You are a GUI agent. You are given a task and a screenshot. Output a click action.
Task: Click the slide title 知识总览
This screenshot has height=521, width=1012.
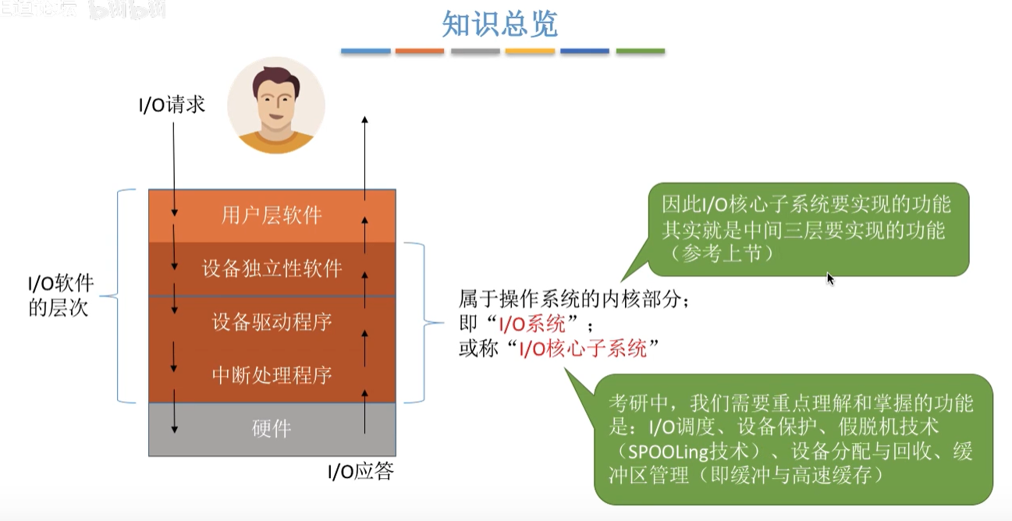(499, 24)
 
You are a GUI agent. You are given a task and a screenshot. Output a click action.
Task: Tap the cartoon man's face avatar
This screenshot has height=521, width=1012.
(275, 105)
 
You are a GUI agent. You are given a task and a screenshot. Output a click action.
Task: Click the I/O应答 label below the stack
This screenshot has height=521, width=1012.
(360, 472)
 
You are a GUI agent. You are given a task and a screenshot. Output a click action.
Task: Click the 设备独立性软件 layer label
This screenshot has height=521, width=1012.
(272, 269)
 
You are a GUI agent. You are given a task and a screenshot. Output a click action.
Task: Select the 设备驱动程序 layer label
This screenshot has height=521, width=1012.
(272, 321)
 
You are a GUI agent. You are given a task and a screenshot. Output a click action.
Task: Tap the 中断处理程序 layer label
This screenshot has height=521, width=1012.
(272, 375)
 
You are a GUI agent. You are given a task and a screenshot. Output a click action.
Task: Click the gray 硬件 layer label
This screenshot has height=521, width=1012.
(272, 429)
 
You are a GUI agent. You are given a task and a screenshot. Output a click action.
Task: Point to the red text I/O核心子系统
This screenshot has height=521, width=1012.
(584, 350)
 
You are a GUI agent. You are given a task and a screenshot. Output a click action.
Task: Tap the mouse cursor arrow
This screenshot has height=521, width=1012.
(830, 278)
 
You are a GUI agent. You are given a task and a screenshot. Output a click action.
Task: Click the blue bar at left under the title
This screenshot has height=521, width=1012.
(365, 51)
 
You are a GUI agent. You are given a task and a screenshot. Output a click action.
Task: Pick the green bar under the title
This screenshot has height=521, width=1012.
(641, 51)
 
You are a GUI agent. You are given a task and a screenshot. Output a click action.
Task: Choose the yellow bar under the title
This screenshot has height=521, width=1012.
(530, 51)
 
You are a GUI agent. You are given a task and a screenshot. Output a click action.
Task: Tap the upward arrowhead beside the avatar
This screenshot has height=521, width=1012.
(364, 119)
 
